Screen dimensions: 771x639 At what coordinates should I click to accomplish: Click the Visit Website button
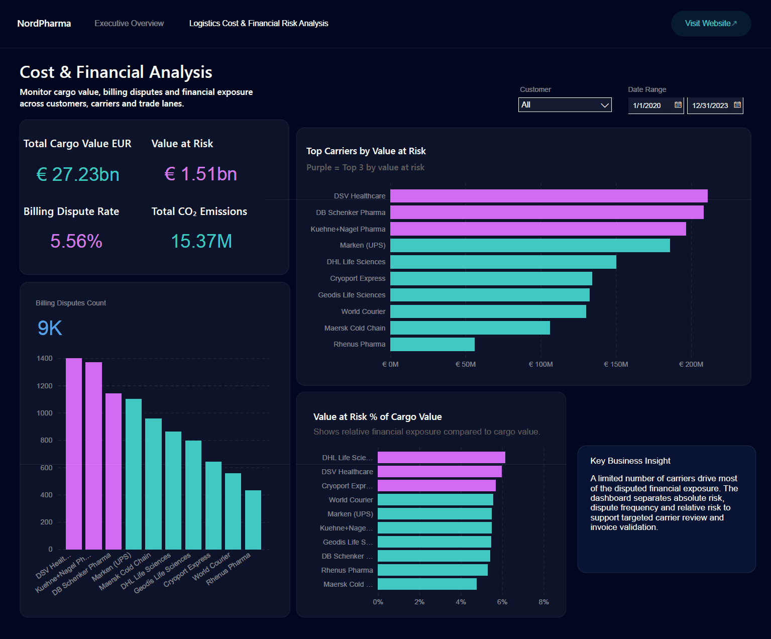click(711, 24)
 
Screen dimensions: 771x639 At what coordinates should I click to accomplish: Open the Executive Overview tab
click(129, 23)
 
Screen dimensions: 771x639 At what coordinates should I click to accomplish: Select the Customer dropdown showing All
click(565, 105)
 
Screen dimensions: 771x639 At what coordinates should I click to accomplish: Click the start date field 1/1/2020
click(656, 105)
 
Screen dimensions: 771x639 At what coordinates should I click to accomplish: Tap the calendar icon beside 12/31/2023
click(737, 105)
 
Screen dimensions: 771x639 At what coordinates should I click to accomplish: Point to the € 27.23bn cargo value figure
click(78, 174)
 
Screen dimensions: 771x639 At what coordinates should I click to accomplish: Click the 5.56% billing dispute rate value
click(76, 241)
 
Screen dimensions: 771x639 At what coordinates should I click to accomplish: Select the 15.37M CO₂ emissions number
click(201, 241)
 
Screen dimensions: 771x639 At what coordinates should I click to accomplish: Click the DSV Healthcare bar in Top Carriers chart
click(549, 196)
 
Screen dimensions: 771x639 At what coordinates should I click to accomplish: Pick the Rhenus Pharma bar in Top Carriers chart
click(432, 344)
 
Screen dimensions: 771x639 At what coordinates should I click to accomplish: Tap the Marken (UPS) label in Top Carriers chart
click(363, 245)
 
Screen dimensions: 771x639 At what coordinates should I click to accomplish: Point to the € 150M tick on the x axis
click(616, 364)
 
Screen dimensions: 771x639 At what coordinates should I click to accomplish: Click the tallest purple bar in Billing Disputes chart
click(74, 454)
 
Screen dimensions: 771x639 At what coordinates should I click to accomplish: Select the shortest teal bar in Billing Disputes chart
click(253, 520)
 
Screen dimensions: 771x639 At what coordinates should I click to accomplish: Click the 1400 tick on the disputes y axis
click(45, 358)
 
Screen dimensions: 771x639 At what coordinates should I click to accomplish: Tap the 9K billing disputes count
click(50, 328)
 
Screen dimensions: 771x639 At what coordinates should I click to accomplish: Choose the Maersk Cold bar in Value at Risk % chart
click(427, 584)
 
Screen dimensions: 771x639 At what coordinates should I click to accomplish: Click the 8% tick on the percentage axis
click(543, 602)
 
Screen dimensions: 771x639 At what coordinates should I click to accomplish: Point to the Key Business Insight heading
click(630, 461)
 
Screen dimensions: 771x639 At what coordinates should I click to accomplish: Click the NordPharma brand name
click(44, 23)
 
